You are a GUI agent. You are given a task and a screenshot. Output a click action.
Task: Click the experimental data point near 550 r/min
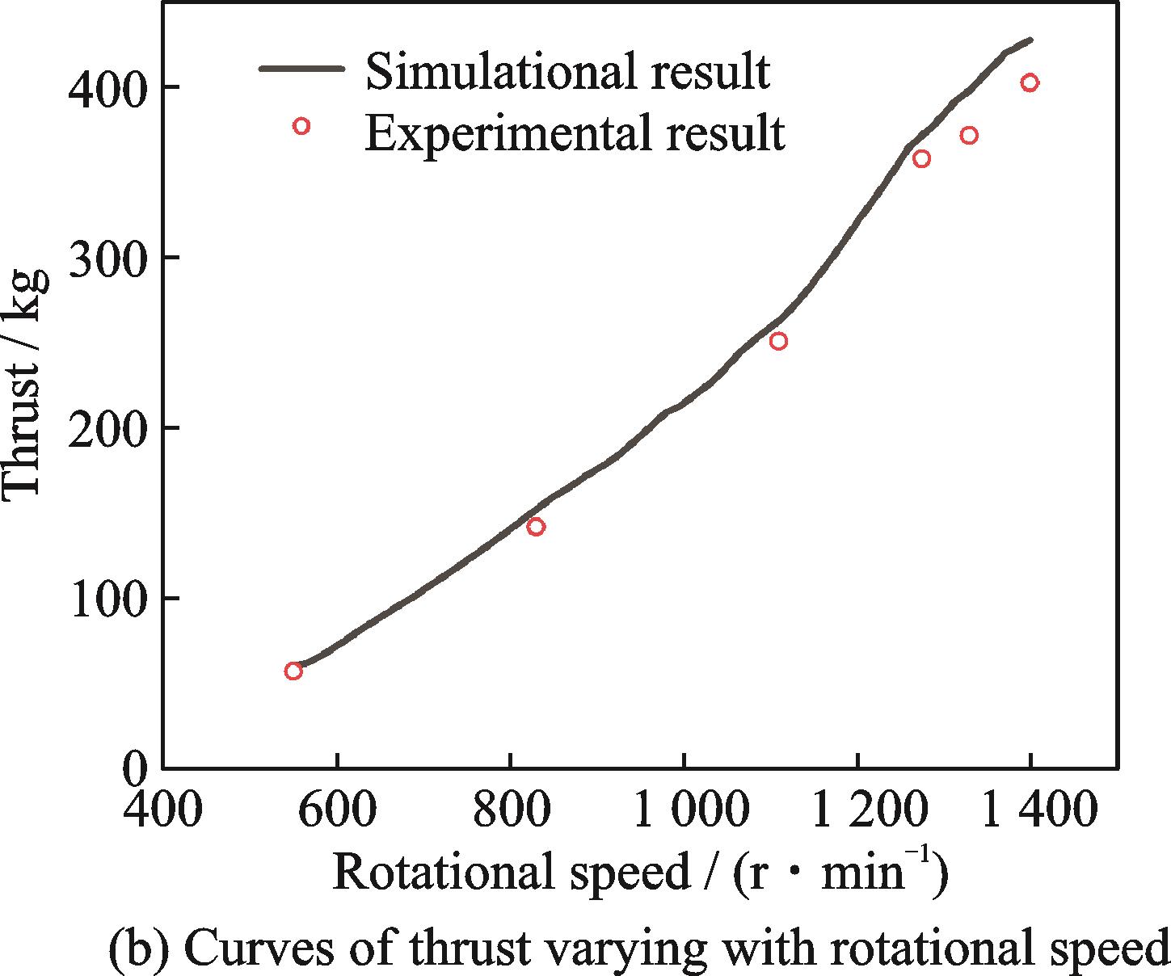point(293,671)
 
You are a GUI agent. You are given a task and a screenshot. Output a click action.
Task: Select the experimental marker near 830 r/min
point(536,527)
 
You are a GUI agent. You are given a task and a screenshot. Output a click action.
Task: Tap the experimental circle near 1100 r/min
point(778,341)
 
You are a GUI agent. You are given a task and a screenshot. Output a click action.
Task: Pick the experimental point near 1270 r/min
point(921,159)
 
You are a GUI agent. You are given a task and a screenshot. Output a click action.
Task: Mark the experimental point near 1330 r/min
point(969,135)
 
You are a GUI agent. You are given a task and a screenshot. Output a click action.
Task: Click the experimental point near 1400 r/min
point(1030,82)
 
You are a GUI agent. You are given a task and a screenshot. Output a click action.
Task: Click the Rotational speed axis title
point(638,875)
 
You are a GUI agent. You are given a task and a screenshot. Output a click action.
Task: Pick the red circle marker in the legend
point(301,126)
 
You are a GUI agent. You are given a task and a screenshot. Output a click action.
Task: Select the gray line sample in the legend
point(301,69)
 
